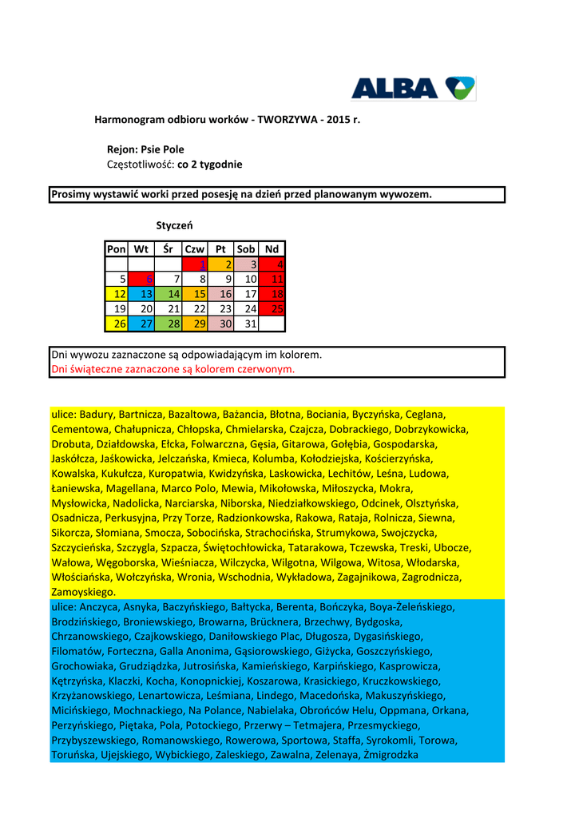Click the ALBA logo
pos(413,88)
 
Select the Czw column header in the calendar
pos(196,249)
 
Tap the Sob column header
pos(246,249)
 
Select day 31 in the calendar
pos(247,324)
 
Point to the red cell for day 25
pos(272,308)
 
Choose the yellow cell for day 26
pos(117,324)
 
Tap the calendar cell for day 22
pos(196,308)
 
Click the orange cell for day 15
pos(196,294)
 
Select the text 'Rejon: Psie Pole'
pos(145,149)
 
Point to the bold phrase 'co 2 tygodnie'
pos(210,165)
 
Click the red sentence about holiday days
pos(173,369)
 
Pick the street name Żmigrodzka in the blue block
pos(391,755)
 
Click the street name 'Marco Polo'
pos(189,488)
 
